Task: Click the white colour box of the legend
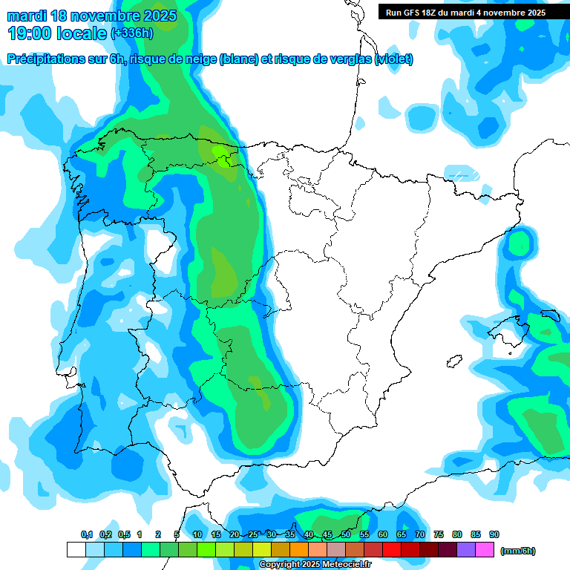(76, 550)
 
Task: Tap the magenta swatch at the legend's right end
(485, 550)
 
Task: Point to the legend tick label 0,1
(87, 535)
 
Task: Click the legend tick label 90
(494, 535)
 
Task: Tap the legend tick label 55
(364, 535)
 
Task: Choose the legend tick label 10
(197, 535)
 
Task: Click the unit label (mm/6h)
(518, 551)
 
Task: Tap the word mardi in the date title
(26, 16)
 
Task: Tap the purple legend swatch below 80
(466, 550)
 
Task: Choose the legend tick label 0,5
(123, 535)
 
